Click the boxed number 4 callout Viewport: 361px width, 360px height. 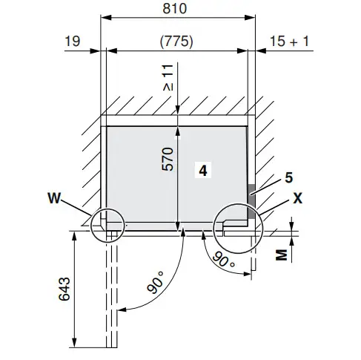pyautogui.click(x=202, y=171)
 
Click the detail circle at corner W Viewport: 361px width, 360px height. pyautogui.click(x=105, y=224)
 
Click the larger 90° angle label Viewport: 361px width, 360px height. pyautogui.click(x=156, y=285)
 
